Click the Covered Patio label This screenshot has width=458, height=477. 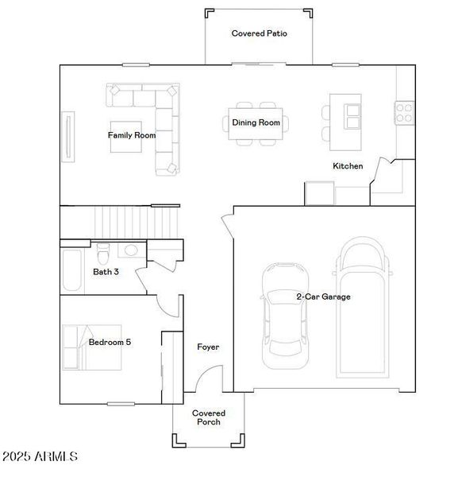[x=259, y=33]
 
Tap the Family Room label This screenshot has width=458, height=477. [x=132, y=135]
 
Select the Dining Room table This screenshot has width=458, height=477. [x=256, y=123]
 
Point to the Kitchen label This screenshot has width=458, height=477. [x=348, y=166]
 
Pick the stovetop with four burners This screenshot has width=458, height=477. [x=403, y=113]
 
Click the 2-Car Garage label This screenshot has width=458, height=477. [x=323, y=297]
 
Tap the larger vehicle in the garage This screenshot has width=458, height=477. [x=363, y=310]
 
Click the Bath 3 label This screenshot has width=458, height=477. [x=106, y=272]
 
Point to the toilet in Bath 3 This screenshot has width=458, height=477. [x=102, y=254]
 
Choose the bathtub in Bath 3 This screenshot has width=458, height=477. [x=71, y=270]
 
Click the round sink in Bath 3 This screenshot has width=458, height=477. [x=131, y=251]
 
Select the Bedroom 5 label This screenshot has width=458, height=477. [x=110, y=343]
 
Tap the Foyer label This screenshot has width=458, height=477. [x=208, y=347]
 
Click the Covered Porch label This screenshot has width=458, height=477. [x=209, y=417]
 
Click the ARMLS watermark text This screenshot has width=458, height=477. [x=40, y=457]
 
